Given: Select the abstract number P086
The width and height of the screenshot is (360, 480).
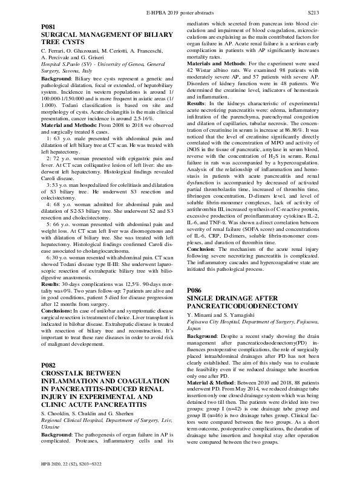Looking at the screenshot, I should tap(195, 291).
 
